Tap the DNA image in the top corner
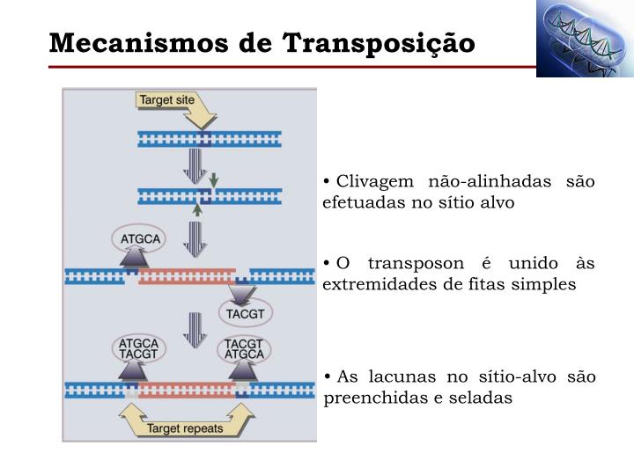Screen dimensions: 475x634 585,40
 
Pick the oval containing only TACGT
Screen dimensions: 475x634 245,312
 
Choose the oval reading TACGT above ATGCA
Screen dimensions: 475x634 245,348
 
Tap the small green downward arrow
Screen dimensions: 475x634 213,179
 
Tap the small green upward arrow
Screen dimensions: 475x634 197,208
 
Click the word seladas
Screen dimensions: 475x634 482,398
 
